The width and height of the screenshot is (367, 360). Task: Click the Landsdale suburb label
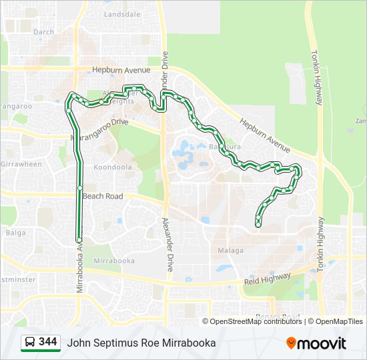[x=123, y=13]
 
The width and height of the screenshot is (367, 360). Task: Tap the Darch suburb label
[x=43, y=31]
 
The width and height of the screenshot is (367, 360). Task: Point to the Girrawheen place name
[x=21, y=164]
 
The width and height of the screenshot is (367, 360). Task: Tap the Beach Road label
[x=103, y=197]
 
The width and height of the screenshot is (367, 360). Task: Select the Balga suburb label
[x=15, y=233]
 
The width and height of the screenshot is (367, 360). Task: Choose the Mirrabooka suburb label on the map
[x=110, y=260]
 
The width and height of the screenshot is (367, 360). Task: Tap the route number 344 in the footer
[x=48, y=342]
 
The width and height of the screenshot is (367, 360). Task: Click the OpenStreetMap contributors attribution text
[x=256, y=321]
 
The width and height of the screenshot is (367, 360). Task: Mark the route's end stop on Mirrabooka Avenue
[x=79, y=240]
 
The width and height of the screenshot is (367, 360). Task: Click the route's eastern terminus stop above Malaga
[x=258, y=225]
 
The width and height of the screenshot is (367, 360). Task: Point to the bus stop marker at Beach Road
[x=79, y=195]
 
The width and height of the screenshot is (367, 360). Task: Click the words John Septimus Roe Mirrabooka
[x=141, y=343]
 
